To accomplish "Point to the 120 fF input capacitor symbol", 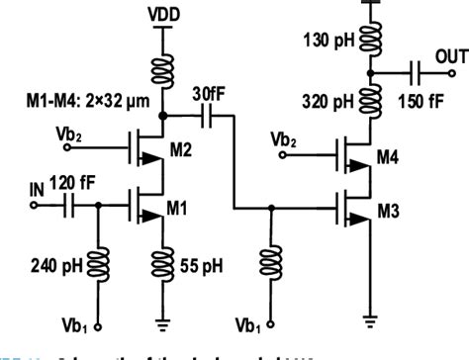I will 71,207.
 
